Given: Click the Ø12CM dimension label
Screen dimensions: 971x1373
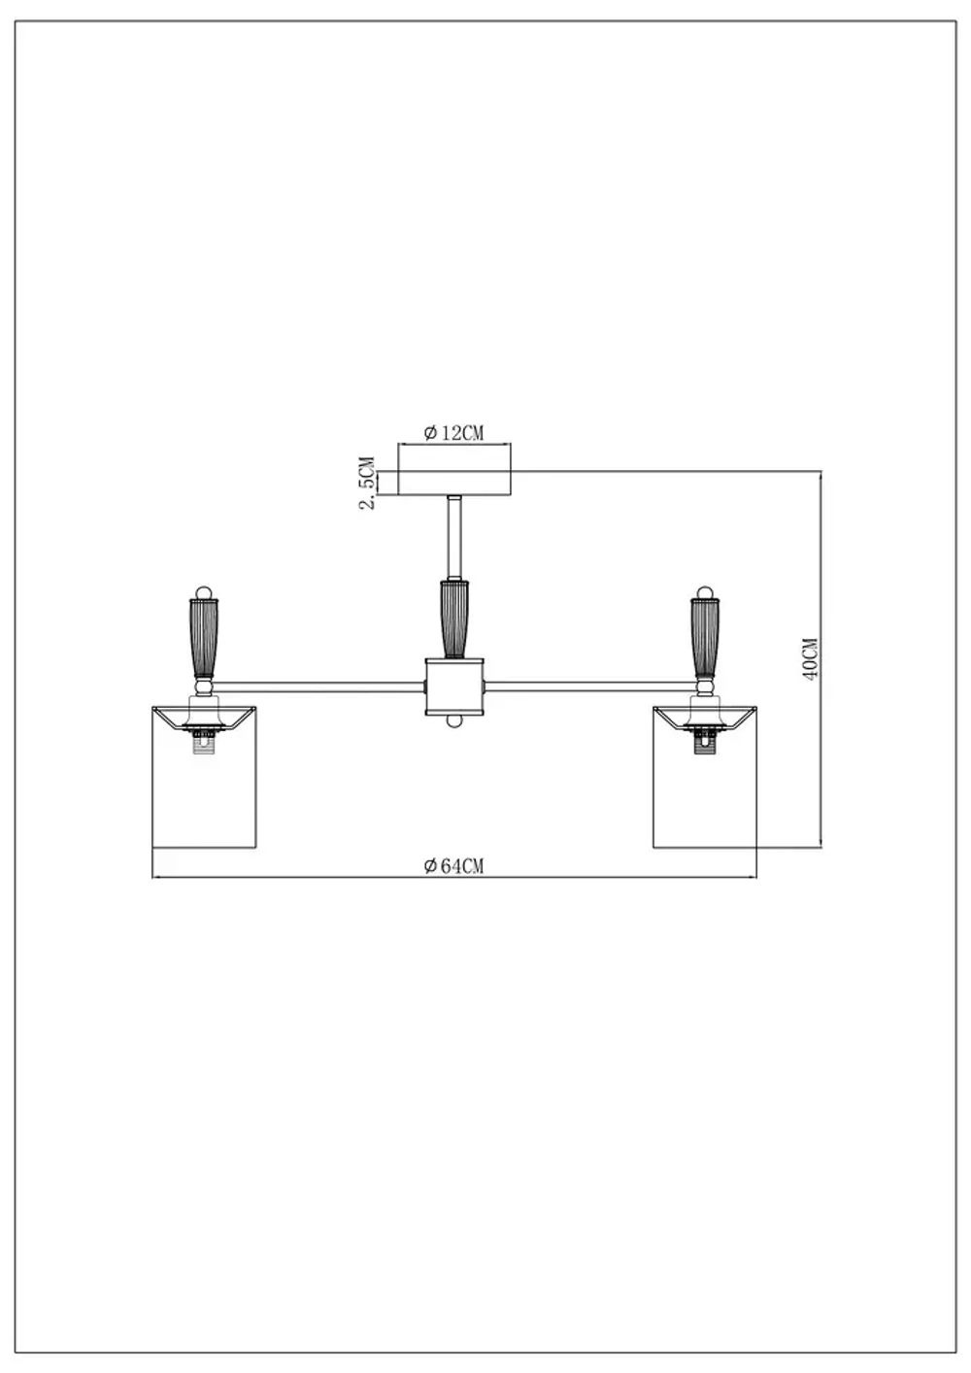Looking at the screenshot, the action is click(x=453, y=433).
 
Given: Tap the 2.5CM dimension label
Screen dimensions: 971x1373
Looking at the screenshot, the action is click(x=367, y=483).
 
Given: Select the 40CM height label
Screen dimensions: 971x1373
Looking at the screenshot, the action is click(x=811, y=658).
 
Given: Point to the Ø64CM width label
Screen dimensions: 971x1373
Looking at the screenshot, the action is click(x=453, y=866).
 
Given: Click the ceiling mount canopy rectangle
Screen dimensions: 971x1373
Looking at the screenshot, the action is click(x=454, y=483).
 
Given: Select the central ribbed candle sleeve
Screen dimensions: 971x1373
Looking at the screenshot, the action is click(x=453, y=618).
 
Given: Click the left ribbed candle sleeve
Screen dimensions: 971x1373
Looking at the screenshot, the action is click(x=203, y=637).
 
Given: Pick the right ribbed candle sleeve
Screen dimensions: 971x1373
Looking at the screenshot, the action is click(x=706, y=637).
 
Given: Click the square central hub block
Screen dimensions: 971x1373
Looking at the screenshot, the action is click(x=454, y=686).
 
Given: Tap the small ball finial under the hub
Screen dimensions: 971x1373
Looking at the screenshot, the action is click(x=453, y=722).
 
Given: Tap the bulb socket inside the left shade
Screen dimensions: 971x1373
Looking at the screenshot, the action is click(x=203, y=742).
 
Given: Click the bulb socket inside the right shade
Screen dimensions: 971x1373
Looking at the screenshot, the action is click(x=705, y=742).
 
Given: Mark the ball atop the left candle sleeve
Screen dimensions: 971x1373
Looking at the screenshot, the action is click(x=203, y=591).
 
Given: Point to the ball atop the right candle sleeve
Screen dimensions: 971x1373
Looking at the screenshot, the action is click(x=706, y=590).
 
